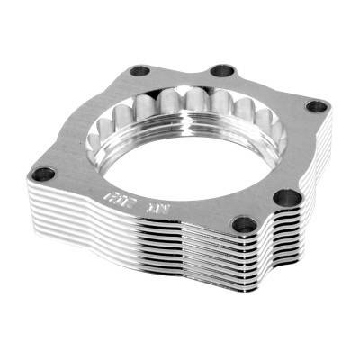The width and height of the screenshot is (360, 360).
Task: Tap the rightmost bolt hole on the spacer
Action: pos(317,105)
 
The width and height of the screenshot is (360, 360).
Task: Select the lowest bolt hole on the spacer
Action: pos(242,225)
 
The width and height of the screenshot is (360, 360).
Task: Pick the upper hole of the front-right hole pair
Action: pos(287,196)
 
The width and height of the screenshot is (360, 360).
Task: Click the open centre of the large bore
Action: pos(193,153)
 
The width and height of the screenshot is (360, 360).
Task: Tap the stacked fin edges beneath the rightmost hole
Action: pos(319,144)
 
